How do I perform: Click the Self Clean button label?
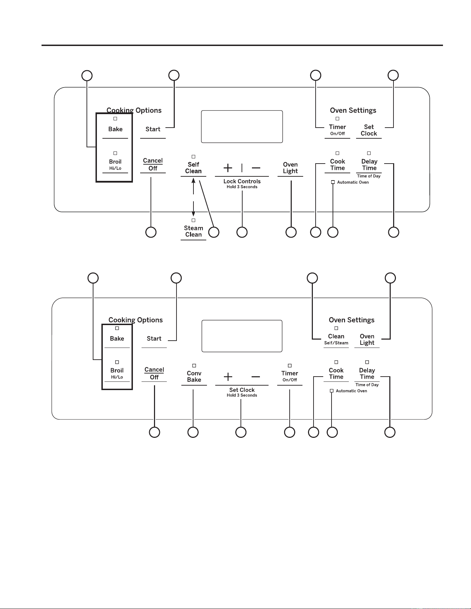click(193, 168)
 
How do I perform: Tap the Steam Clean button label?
click(193, 231)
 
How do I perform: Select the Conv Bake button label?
click(194, 377)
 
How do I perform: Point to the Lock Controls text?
click(242, 181)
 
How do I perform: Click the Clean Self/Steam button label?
click(336, 339)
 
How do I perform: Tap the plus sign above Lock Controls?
click(228, 168)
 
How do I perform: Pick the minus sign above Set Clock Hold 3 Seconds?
click(256, 377)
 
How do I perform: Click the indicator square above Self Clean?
click(193, 157)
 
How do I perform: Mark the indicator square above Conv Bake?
click(194, 366)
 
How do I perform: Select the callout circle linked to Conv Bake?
click(193, 432)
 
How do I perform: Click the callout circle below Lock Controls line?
click(242, 232)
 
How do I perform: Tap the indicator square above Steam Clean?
click(193, 220)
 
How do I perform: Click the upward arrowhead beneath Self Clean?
click(193, 180)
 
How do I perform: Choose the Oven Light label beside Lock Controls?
click(290, 168)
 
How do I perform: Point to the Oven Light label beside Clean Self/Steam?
click(367, 339)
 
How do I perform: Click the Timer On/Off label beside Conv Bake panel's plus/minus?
click(290, 376)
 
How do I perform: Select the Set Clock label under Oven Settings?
click(369, 130)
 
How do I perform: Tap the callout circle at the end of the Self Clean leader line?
click(214, 232)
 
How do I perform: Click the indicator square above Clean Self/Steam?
click(336, 328)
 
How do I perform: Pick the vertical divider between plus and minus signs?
click(242, 168)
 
